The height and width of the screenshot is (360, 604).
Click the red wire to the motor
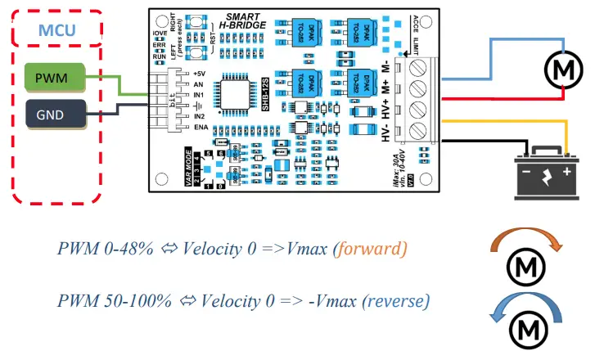tap(507, 98)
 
